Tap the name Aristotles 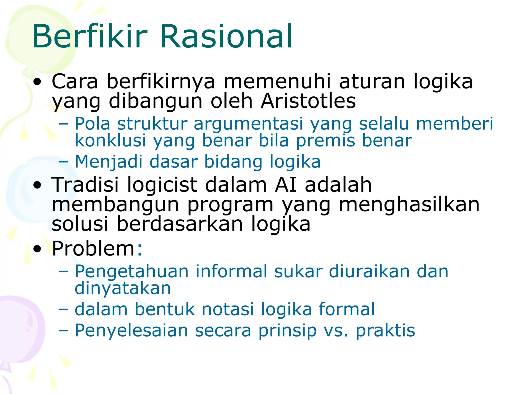click(308, 101)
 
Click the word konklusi click(110, 141)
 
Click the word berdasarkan click(180, 224)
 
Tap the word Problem click(93, 249)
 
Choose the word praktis click(385, 330)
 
